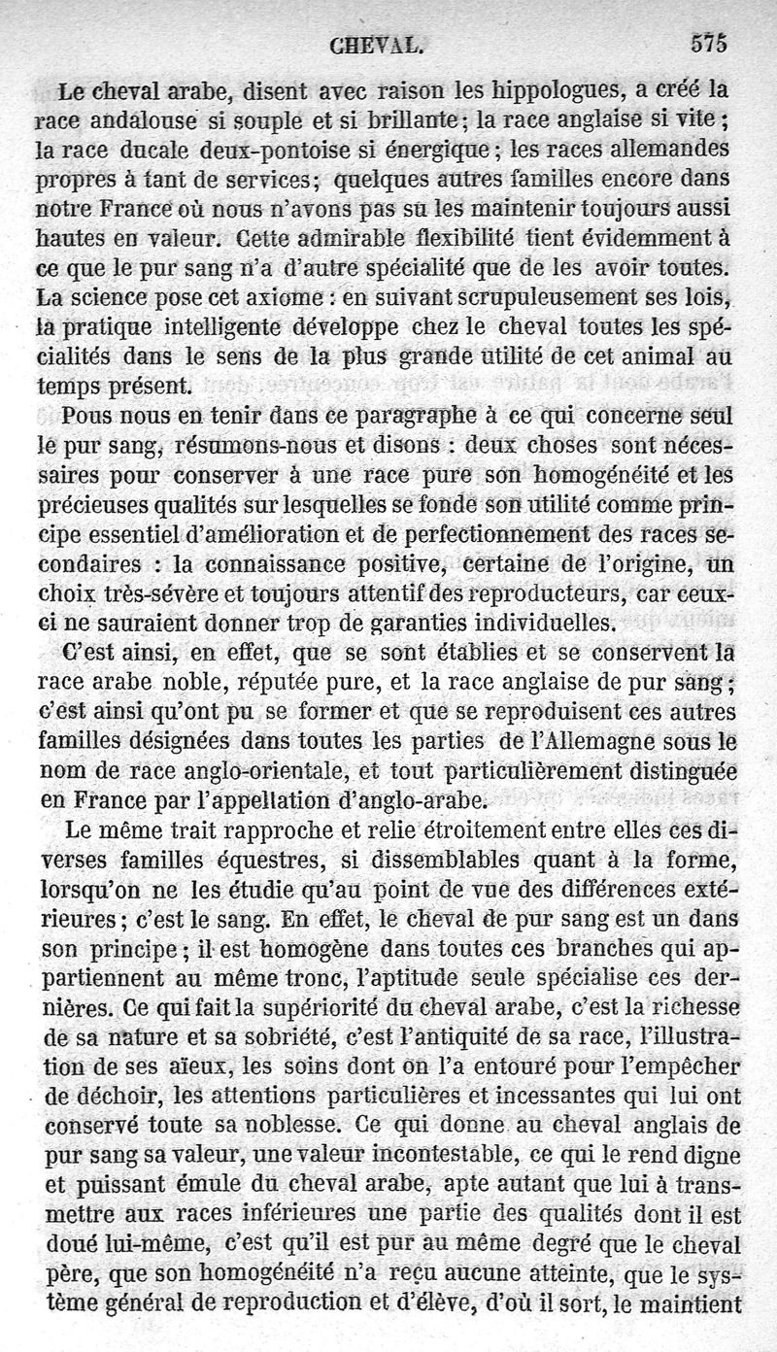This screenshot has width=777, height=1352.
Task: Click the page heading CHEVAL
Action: [x=375, y=45]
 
